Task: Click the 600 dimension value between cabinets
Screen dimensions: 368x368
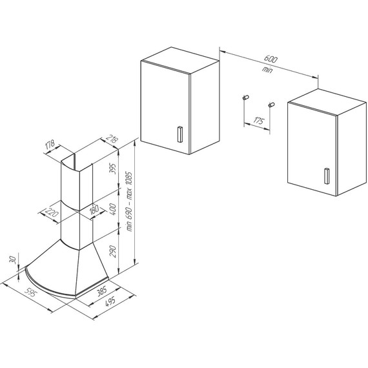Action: click(271, 59)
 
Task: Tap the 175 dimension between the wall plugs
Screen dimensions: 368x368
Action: click(259, 121)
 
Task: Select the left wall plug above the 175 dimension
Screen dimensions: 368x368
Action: click(246, 97)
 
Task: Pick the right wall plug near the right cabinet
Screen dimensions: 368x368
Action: click(272, 105)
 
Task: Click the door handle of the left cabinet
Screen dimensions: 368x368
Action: click(179, 134)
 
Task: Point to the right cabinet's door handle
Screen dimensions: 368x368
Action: click(326, 176)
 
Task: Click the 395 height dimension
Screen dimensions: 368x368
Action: click(113, 169)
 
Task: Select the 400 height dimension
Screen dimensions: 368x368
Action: click(113, 209)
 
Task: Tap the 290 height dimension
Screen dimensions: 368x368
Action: click(113, 251)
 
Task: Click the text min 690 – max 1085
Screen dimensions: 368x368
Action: click(129, 201)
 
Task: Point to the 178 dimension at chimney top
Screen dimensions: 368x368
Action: click(50, 145)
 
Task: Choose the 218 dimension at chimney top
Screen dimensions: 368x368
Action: click(112, 139)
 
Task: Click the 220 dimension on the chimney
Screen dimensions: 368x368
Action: click(52, 213)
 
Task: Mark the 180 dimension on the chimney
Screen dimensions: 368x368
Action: click(94, 209)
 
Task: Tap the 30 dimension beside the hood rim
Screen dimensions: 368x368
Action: click(14, 260)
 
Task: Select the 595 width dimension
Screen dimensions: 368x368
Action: click(30, 293)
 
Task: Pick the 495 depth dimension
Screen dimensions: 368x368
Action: click(110, 302)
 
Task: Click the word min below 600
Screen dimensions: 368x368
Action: click(267, 70)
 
